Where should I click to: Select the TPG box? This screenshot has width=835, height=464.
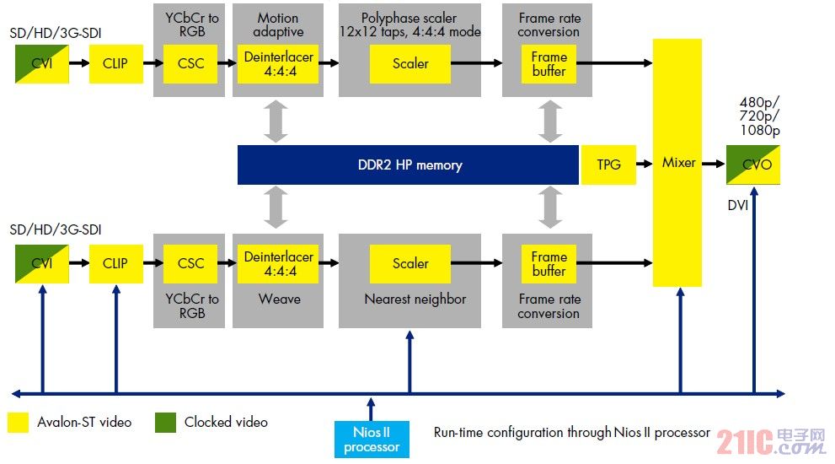[608, 165]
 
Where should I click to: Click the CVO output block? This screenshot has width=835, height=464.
[753, 165]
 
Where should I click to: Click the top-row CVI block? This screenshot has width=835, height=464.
[41, 63]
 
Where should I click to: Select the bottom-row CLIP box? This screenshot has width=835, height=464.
[115, 263]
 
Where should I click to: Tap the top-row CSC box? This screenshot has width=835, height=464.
[190, 63]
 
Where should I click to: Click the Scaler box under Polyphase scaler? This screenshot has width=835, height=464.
[410, 63]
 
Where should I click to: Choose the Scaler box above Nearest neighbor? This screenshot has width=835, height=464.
[410, 263]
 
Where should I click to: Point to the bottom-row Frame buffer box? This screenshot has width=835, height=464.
[549, 263]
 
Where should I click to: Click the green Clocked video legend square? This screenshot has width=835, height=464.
[165, 422]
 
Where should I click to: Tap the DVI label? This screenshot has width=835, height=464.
[739, 205]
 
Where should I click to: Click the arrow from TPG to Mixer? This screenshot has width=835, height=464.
[645, 165]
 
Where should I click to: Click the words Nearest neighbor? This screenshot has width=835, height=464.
[415, 299]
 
